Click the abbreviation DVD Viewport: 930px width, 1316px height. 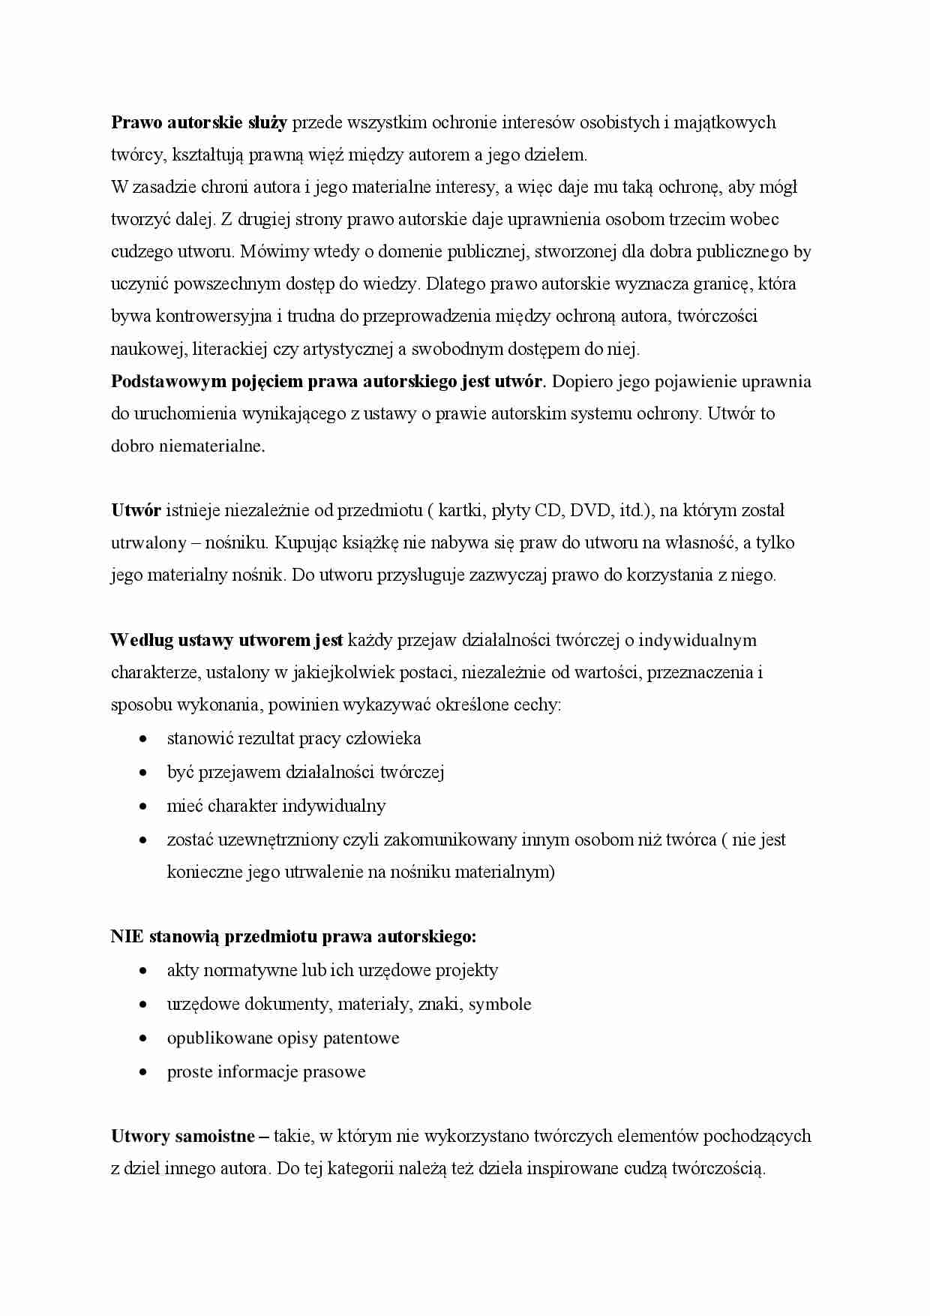[x=591, y=511]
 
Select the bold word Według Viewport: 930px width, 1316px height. [x=142, y=640]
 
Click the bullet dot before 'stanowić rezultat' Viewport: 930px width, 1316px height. [x=143, y=739]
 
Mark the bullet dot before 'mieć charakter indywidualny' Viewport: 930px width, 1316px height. [x=143, y=807]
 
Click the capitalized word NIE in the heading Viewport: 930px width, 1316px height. [x=127, y=936]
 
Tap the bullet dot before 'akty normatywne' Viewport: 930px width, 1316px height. [x=143, y=971]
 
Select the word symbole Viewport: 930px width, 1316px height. [x=499, y=1005]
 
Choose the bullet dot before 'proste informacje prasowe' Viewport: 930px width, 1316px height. [x=143, y=1072]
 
